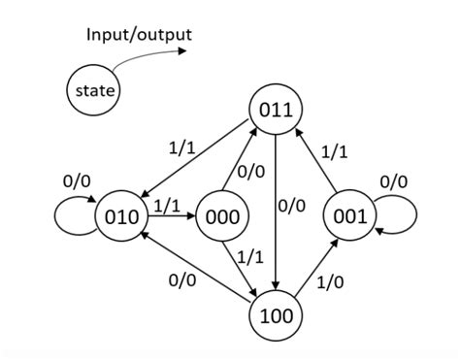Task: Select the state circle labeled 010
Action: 120,216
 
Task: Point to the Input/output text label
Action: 140,35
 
